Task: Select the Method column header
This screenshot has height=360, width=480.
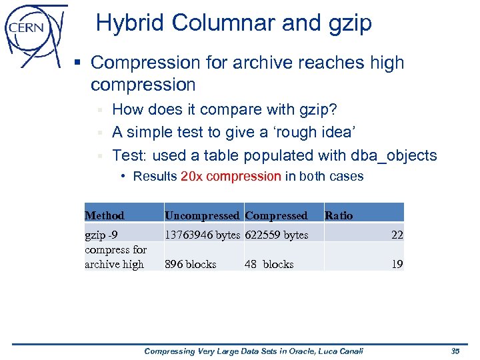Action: pyautogui.click(x=105, y=215)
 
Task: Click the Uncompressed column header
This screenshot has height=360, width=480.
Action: pyautogui.click(x=201, y=215)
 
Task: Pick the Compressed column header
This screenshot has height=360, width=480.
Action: pyautogui.click(x=276, y=215)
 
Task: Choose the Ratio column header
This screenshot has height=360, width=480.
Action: pyautogui.click(x=339, y=215)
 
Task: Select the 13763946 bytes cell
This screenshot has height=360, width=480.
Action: pyautogui.click(x=202, y=235)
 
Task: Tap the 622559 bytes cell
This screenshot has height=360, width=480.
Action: pyautogui.click(x=277, y=235)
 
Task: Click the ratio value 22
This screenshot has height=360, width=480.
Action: pyautogui.click(x=397, y=235)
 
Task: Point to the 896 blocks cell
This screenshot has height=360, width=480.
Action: pyautogui.click(x=191, y=264)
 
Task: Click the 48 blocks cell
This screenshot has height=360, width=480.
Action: pyautogui.click(x=269, y=264)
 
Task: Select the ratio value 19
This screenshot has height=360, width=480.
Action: pyautogui.click(x=397, y=264)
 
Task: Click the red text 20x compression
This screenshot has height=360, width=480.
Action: pyautogui.click(x=231, y=177)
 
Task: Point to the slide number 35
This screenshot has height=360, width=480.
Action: pyautogui.click(x=456, y=351)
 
